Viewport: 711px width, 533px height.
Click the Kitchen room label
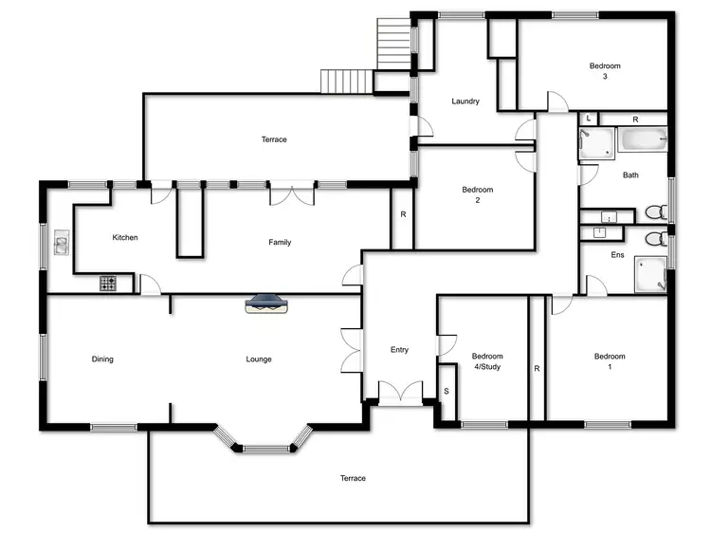click(125, 237)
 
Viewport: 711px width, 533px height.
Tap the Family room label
click(280, 243)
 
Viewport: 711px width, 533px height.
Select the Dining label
click(102, 359)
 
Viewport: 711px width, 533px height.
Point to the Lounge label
click(259, 359)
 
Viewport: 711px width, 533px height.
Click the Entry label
click(399, 350)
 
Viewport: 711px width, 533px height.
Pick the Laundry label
click(465, 101)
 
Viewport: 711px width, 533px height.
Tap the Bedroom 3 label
click(605, 71)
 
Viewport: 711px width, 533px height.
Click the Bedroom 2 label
click(478, 195)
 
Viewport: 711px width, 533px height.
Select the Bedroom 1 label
click(610, 361)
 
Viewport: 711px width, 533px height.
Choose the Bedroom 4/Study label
click(483, 361)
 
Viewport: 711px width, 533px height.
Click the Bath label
click(630, 175)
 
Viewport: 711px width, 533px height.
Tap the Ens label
click(617, 255)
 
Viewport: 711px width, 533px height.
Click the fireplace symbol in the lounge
click(265, 303)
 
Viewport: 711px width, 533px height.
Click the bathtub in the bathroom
click(643, 142)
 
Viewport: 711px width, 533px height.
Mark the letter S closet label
click(446, 390)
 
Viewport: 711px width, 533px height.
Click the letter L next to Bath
click(589, 119)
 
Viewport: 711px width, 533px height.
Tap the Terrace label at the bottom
click(353, 478)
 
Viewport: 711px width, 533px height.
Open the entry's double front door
click(399, 392)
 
